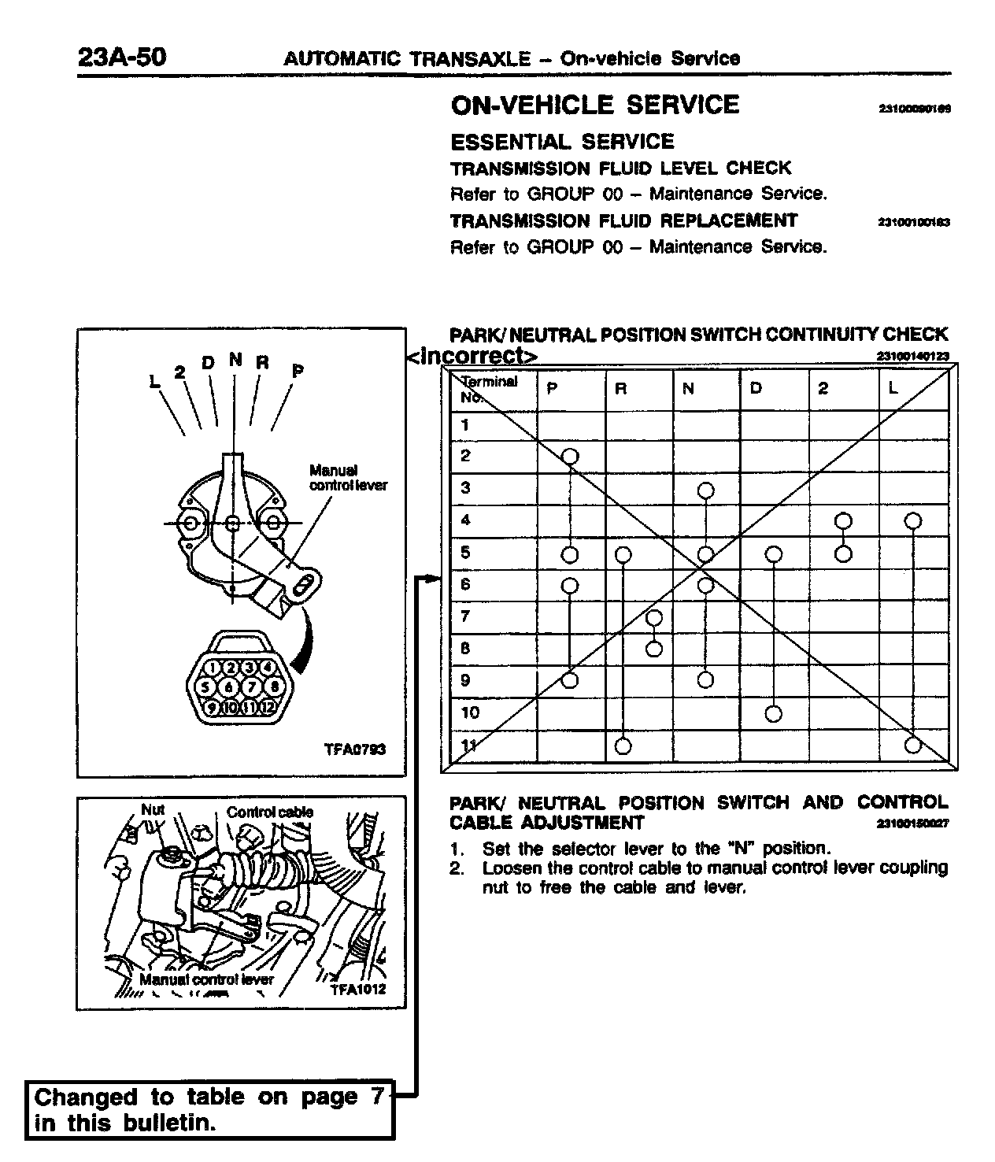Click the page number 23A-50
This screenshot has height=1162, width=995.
122,57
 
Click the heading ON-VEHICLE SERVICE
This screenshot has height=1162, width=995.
594,105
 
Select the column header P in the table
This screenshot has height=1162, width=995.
552,389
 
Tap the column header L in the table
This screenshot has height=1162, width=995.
893,389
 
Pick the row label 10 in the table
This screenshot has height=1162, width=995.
470,713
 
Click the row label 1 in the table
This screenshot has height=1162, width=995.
465,425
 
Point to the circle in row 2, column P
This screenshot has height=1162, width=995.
570,456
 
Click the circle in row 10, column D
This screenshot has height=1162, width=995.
774,714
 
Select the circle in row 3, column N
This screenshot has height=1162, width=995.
706,490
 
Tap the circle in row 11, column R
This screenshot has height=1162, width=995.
623,746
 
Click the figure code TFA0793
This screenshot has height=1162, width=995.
355,749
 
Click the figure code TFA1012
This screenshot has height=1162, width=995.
358,989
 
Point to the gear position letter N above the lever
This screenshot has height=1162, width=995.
235,360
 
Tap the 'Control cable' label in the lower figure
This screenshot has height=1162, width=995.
270,812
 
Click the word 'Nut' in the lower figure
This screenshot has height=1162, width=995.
152,809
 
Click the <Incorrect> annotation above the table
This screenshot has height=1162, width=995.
472,357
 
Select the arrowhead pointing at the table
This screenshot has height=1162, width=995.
431,579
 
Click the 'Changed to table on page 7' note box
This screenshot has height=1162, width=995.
209,1109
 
